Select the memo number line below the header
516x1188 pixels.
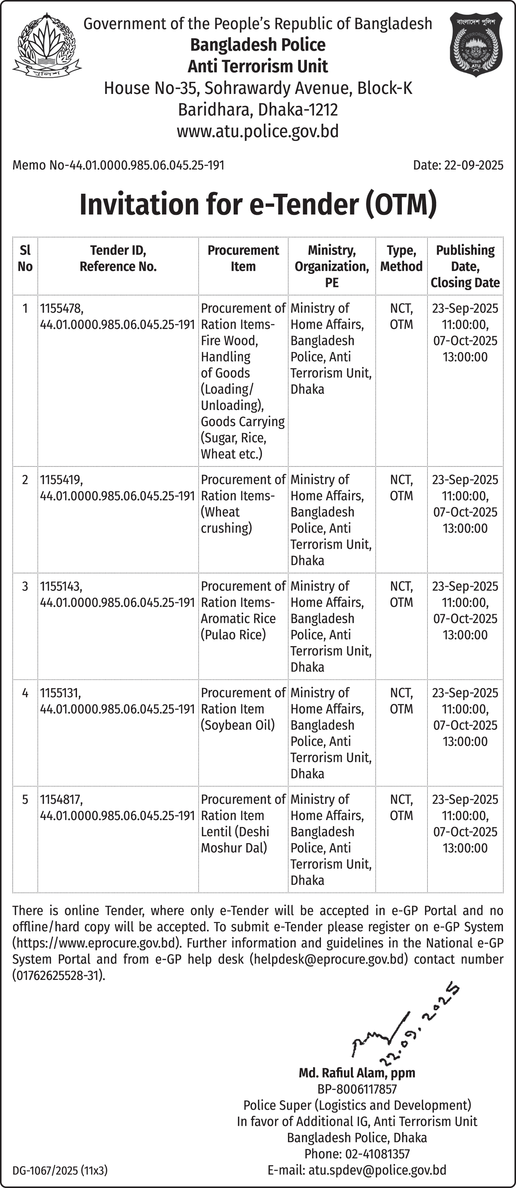[x=118, y=165]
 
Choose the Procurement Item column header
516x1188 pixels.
[x=243, y=258]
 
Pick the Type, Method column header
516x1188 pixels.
[x=401, y=258]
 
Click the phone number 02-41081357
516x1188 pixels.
[x=357, y=1154]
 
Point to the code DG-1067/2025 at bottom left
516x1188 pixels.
[x=60, y=1170]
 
